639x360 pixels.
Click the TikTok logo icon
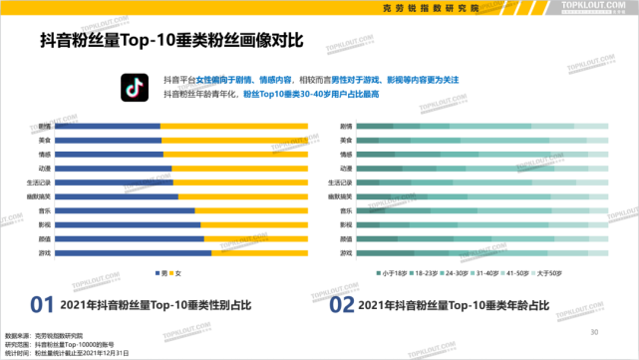135,86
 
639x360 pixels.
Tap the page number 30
594,332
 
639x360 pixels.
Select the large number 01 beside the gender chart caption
41,304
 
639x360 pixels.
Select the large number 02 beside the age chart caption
342,304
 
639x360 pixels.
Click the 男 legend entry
160,273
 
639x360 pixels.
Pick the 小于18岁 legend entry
390,273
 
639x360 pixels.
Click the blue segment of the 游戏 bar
133,253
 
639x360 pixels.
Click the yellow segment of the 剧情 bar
233,127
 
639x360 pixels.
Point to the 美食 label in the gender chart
45,141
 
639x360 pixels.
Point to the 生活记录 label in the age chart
341,183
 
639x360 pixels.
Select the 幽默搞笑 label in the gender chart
41,197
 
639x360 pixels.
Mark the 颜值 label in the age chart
345,239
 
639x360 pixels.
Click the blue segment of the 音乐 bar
125,211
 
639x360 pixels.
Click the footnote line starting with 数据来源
45,335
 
